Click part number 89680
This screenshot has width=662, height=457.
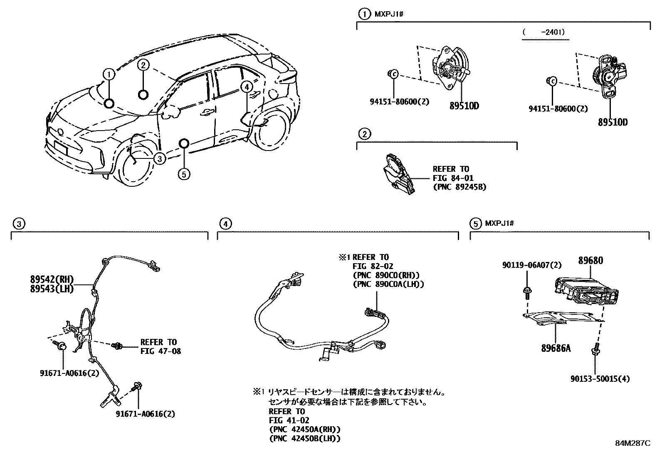pos(590,261)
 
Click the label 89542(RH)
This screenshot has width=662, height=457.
pos(52,280)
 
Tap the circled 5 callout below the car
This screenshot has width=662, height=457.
pos(184,173)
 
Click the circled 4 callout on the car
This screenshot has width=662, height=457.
pos(246,87)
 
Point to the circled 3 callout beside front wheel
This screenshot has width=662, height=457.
pos(158,158)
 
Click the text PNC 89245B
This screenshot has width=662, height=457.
pos(459,187)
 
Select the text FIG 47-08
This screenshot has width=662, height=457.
pos(161,351)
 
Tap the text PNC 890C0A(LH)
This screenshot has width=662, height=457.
pos(388,284)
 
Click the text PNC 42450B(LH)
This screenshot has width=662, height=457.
pos(304,438)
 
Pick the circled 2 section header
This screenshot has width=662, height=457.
pos(364,134)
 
